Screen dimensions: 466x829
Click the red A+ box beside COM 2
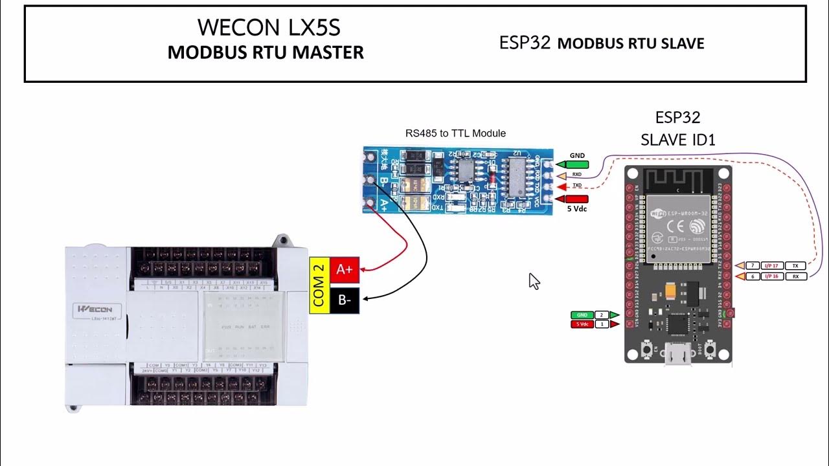tap(345, 269)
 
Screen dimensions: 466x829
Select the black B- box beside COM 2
tap(345, 300)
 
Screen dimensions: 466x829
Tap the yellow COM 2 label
tap(318, 285)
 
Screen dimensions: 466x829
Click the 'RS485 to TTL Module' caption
tap(455, 133)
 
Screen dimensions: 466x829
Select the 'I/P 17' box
tap(773, 266)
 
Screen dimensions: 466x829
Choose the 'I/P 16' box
tap(773, 276)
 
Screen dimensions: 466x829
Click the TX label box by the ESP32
tap(796, 266)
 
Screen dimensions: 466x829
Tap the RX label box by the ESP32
tap(796, 276)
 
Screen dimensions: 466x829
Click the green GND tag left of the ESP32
tap(582, 315)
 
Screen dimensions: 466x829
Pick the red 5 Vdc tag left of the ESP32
tap(582, 324)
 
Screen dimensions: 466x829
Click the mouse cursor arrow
tap(534, 280)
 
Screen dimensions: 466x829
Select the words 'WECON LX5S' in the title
tap(269, 27)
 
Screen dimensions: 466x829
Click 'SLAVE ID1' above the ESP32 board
tap(677, 139)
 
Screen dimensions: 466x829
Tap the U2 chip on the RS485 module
tap(516, 174)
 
